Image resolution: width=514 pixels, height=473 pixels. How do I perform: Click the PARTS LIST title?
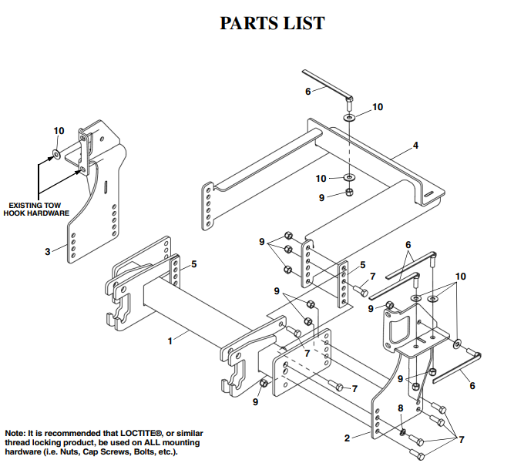pyautogui.click(x=272, y=23)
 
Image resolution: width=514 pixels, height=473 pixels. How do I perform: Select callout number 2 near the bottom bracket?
pyautogui.click(x=348, y=438)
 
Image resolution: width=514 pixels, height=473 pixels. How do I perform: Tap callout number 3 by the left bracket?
pyautogui.click(x=48, y=250)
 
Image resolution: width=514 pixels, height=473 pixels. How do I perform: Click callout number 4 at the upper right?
pyautogui.click(x=415, y=145)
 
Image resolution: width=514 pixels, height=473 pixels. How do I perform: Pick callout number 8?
pyautogui.click(x=400, y=408)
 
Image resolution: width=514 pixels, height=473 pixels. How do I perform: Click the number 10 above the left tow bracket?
pyautogui.click(x=59, y=132)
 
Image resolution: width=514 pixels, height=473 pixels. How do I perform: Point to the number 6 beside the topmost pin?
pyautogui.click(x=307, y=91)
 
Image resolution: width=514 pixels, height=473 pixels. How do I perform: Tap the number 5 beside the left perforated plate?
pyautogui.click(x=193, y=264)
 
